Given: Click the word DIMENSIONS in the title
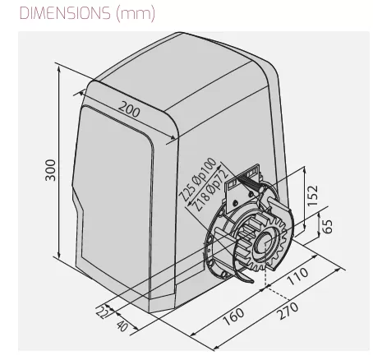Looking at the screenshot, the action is pos(65,13).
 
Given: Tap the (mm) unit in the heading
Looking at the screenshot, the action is pos(136,13).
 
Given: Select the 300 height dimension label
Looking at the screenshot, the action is pos(50,170).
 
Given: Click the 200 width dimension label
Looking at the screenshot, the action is pos(129,109).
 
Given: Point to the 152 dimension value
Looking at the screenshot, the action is pos(313,196).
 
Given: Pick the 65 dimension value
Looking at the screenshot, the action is pos(327,226).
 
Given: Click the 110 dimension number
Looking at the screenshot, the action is pos(297,276).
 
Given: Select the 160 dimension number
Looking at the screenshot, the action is pos(233,316).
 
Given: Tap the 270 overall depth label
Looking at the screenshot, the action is pos(288,311).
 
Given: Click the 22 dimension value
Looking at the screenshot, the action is pos(102,312).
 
